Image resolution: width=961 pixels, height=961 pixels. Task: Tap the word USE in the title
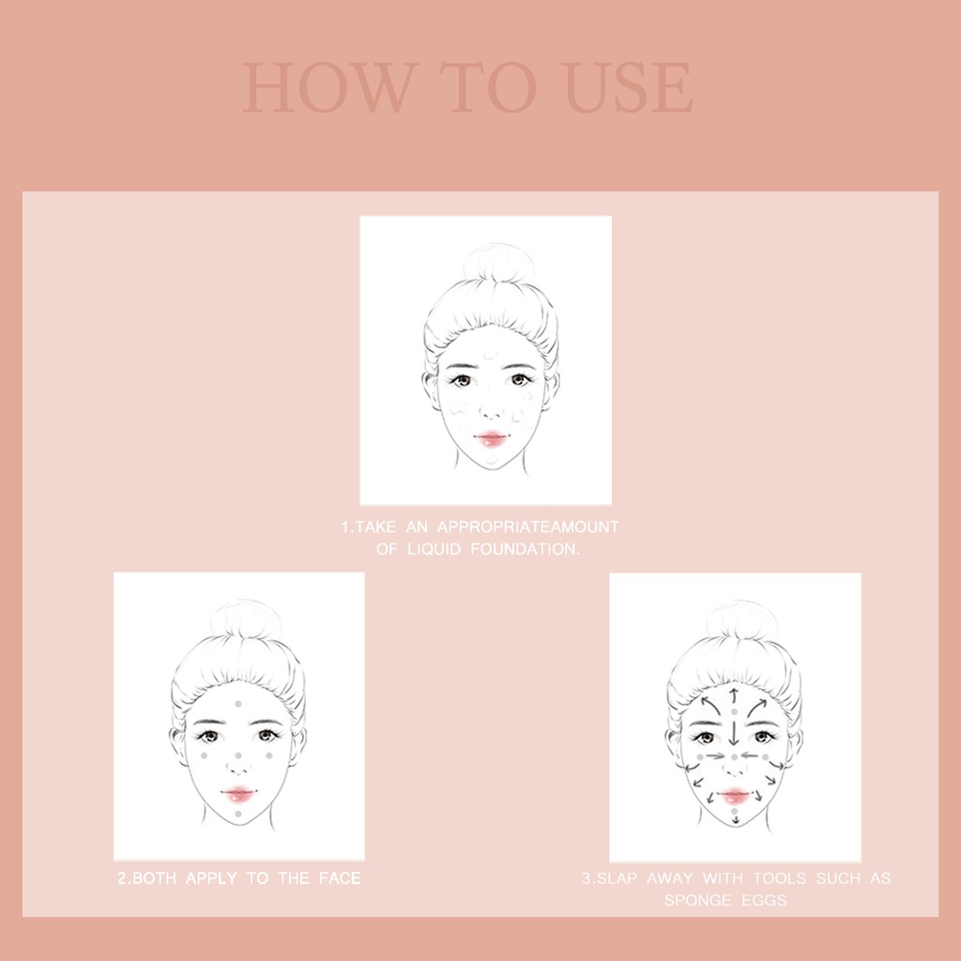coord(629,87)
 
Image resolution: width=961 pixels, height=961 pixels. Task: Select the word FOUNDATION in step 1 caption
coord(526,549)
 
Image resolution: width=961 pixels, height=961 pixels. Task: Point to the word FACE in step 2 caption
coord(340,878)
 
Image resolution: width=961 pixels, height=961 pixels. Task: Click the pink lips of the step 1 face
coord(491,439)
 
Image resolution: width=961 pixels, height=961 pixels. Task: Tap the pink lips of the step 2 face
coord(239,794)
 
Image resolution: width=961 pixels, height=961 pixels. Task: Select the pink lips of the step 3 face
coord(735,796)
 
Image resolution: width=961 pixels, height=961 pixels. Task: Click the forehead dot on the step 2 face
coord(238,704)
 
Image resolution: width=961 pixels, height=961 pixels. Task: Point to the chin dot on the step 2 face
coord(238,814)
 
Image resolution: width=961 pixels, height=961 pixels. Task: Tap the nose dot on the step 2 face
coord(238,755)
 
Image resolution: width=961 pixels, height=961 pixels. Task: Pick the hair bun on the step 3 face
coord(741,619)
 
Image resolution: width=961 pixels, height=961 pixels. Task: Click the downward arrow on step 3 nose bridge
coord(734,731)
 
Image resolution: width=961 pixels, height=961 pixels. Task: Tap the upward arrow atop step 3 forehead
coord(734,695)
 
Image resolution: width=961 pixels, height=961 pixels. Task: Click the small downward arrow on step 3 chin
coord(736,818)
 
